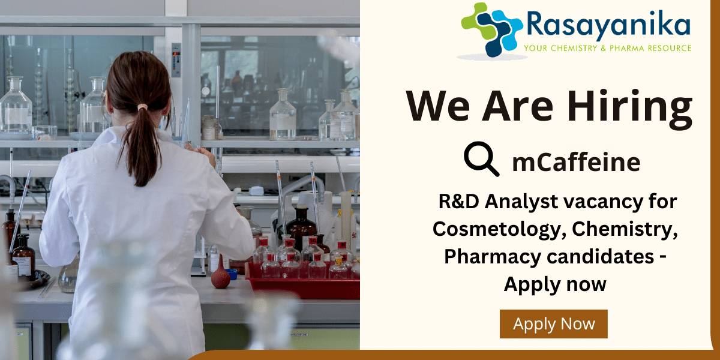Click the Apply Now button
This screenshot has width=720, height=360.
click(553, 323)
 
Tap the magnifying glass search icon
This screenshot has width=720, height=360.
click(481, 159)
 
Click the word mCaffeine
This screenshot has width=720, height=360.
click(576, 162)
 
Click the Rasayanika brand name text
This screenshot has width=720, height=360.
click(608, 24)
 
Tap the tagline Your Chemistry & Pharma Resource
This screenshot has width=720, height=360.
click(607, 48)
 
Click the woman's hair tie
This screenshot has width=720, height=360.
click(142, 107)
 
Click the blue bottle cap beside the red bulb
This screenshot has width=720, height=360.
click(232, 274)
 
